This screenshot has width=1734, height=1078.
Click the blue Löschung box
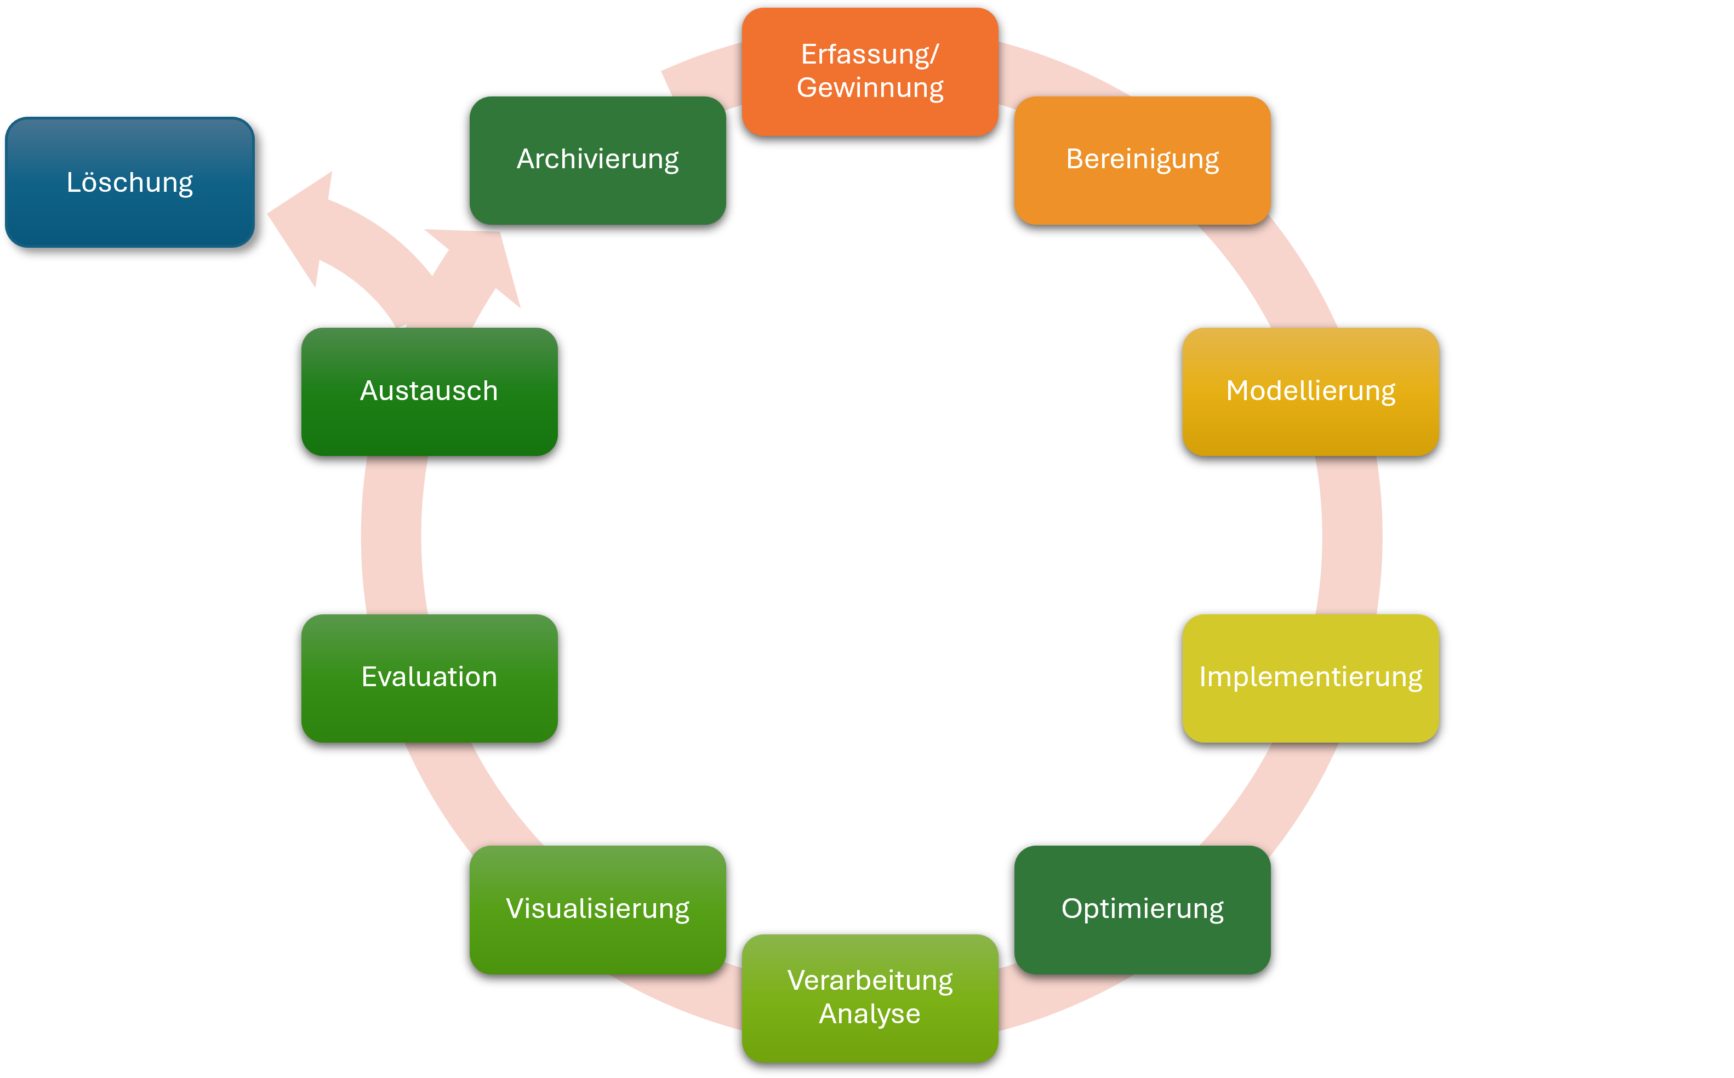[x=130, y=182]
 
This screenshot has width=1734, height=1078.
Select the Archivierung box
[x=597, y=159]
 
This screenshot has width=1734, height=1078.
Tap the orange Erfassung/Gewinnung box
[x=870, y=71]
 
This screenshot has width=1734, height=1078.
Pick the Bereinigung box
[x=1142, y=159]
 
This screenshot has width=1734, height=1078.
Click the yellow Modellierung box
[x=1310, y=391]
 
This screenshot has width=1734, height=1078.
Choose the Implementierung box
[x=1310, y=678]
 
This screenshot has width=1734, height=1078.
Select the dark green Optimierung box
[x=1142, y=909]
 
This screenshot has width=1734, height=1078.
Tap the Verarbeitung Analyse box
[x=870, y=997]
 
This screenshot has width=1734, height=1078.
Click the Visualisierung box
[x=597, y=909]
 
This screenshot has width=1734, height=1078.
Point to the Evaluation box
[x=429, y=678]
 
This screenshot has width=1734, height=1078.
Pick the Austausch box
[x=429, y=391]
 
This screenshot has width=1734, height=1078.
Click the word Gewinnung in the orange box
[x=870, y=88]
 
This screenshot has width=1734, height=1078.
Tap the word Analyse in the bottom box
[x=870, y=1014]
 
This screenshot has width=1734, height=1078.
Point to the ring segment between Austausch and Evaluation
[x=392, y=535]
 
